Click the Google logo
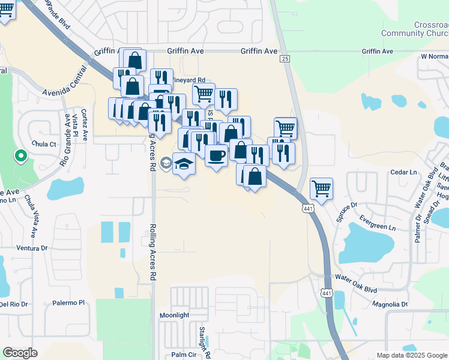tap(20, 353)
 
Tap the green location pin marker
tap(20, 157)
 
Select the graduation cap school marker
tap(184, 163)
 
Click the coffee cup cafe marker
tap(216, 155)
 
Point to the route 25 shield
tap(285, 58)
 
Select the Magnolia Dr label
tap(390, 304)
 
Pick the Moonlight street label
tap(174, 315)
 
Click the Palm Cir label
tap(183, 354)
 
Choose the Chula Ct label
tap(44, 144)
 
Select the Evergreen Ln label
tap(383, 227)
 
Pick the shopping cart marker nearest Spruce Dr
tap(322, 188)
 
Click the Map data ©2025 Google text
tap(411, 355)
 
